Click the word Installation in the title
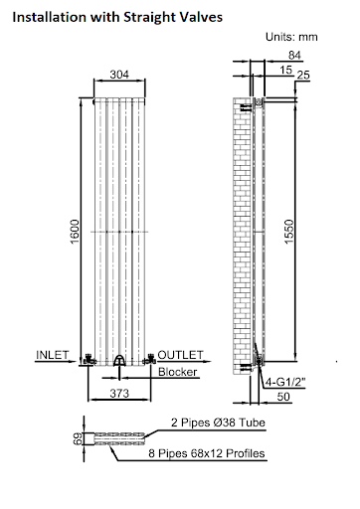pos(49,16)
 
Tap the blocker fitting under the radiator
pos(119,362)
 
